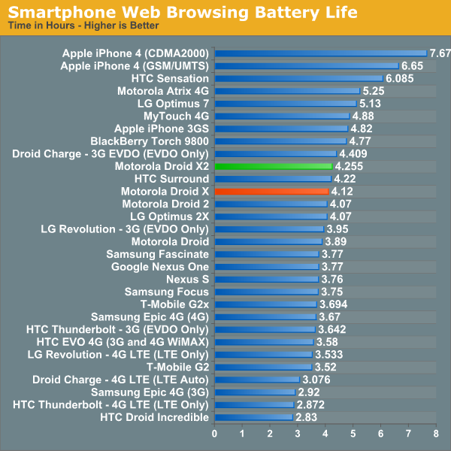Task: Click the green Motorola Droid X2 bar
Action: (x=273, y=166)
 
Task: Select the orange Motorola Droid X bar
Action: (x=271, y=192)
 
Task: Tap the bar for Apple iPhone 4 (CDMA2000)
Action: (x=320, y=53)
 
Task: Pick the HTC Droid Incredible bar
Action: (x=253, y=417)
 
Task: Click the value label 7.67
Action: (x=440, y=53)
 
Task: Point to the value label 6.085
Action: (x=399, y=78)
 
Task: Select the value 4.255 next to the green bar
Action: (x=350, y=166)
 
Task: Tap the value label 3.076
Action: (x=316, y=380)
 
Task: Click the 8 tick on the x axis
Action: (x=436, y=434)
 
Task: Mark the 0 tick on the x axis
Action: (x=215, y=434)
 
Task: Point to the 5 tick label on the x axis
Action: (x=353, y=434)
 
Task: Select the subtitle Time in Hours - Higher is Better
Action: (x=83, y=26)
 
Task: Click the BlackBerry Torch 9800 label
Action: (x=150, y=141)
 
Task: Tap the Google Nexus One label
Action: (x=160, y=267)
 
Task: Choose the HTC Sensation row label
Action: (x=170, y=78)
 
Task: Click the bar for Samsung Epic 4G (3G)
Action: (x=255, y=392)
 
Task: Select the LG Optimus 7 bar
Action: (x=286, y=103)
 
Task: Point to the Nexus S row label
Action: (x=188, y=279)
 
